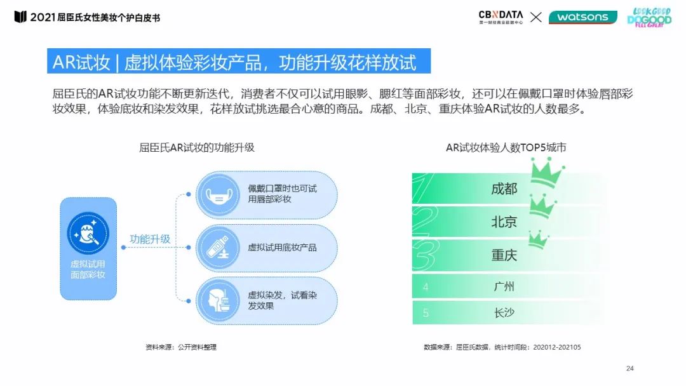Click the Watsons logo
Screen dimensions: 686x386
tap(582, 17)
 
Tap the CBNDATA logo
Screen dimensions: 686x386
tap(501, 17)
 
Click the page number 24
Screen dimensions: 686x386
tap(630, 368)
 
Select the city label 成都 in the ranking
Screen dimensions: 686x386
tap(504, 189)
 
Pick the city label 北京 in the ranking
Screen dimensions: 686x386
tap(504, 222)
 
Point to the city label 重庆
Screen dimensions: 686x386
tap(504, 255)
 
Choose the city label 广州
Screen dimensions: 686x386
tap(504, 287)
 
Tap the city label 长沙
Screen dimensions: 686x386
tap(504, 313)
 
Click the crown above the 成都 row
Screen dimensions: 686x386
tap(547, 172)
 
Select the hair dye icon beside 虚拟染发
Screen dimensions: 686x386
tap(218, 301)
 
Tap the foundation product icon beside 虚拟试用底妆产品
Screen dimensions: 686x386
tap(218, 248)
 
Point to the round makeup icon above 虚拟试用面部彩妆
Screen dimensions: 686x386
tap(88, 233)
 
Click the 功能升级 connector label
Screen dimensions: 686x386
tap(150, 239)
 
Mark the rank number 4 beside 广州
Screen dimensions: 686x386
tap(426, 287)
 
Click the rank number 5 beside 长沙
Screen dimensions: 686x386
tap(426, 313)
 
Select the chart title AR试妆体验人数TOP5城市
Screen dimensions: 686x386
tap(506, 148)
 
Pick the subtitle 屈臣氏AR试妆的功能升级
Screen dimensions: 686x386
tap(196, 148)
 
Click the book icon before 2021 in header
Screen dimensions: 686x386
tap(20, 17)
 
